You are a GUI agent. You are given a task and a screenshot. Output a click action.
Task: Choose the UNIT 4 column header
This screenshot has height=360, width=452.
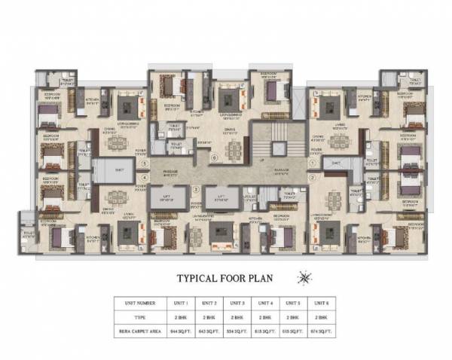coord(264,303)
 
